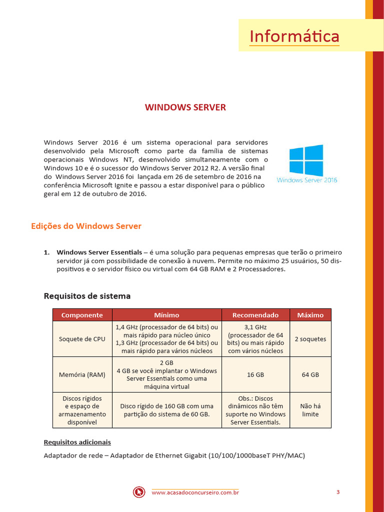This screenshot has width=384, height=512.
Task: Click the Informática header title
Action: (294, 36)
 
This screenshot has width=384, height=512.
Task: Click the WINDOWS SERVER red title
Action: (185, 107)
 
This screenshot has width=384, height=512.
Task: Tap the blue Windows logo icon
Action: (306, 159)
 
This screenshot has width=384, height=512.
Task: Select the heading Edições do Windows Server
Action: (86, 226)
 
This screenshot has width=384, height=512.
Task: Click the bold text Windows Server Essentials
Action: (99, 252)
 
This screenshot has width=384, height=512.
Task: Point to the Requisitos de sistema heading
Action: (87, 296)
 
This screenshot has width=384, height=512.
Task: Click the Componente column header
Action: (82, 315)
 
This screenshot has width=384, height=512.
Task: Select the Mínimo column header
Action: (166, 315)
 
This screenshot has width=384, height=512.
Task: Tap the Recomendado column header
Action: (255, 315)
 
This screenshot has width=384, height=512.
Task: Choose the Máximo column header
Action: (310, 315)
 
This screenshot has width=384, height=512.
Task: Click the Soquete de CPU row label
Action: (82, 339)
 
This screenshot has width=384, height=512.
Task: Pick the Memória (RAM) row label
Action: (82, 374)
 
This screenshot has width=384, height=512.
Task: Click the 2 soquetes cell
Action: (310, 339)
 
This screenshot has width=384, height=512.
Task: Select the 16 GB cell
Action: (255, 374)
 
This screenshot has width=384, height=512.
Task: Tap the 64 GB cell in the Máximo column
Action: (310, 374)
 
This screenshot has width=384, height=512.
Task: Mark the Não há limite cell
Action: (310, 410)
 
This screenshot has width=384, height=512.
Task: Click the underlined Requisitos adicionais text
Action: (77, 442)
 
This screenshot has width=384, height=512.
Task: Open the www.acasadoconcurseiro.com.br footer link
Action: (195, 493)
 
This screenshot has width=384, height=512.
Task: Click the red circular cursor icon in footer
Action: (138, 492)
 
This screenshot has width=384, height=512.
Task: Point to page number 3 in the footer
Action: (338, 492)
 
